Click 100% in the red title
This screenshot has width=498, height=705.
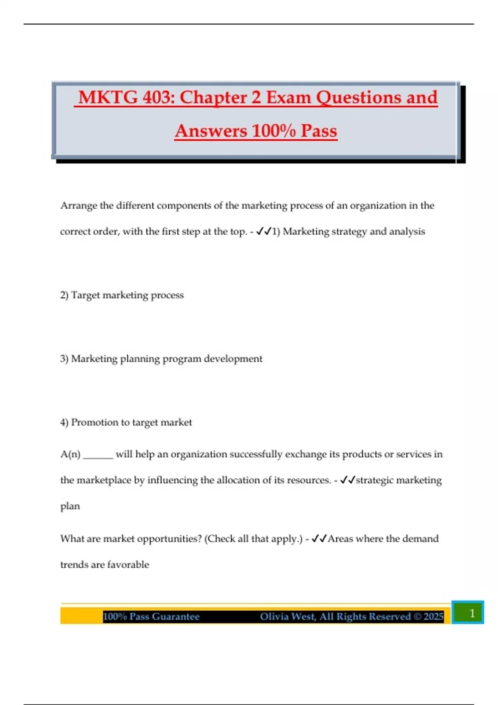[x=273, y=131]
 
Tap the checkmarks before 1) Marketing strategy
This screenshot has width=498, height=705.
[x=264, y=231]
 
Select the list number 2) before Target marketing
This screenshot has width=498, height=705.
[x=64, y=295]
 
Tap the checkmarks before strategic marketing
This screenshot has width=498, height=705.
[x=348, y=480]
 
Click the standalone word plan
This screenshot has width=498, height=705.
[x=70, y=506]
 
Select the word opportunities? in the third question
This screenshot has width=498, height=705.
[x=169, y=539]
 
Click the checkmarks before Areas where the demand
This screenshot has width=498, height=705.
[x=320, y=539]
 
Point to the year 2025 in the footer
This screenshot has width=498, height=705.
[x=433, y=617]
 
